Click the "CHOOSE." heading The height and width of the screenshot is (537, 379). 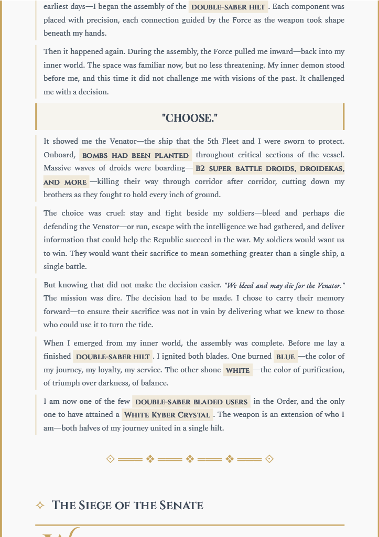189,117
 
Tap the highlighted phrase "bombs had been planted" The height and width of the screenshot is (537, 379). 135,155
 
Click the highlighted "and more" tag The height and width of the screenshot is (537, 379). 66,182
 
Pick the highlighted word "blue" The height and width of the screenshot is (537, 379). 285,357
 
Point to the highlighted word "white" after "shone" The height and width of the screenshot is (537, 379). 237,370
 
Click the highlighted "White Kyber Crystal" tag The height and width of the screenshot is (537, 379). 167,415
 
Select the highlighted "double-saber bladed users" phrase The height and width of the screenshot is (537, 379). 191,402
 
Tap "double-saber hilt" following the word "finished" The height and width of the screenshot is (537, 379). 113,357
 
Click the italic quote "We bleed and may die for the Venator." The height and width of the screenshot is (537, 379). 284,285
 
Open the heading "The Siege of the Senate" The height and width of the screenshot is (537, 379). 127,506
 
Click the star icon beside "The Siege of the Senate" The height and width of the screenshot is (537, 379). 40,506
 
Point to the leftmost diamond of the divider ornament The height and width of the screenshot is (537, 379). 110,459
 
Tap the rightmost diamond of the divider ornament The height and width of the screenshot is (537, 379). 269,459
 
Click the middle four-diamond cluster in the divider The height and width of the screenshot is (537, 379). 190,459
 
